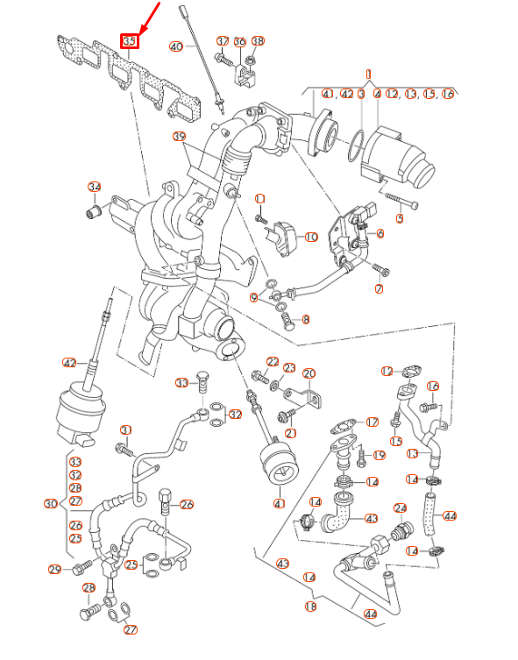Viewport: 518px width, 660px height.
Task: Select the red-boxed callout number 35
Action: pyautogui.click(x=129, y=41)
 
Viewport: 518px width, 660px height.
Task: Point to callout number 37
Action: pyautogui.click(x=223, y=41)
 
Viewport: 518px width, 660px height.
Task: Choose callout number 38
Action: pyautogui.click(x=258, y=41)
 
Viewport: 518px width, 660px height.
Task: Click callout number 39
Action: pyautogui.click(x=179, y=137)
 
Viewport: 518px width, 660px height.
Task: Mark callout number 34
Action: pyautogui.click(x=95, y=187)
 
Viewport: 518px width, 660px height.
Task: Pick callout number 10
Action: pyautogui.click(x=310, y=237)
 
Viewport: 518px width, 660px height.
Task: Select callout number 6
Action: pyautogui.click(x=380, y=233)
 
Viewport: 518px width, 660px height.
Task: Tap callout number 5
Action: pyautogui.click(x=400, y=217)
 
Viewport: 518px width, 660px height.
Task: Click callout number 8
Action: pyautogui.click(x=305, y=320)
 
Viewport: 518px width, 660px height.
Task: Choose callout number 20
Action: pyautogui.click(x=309, y=374)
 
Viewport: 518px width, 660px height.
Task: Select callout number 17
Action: pyautogui.click(x=372, y=422)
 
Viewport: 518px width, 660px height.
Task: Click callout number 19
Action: pyautogui.click(x=379, y=455)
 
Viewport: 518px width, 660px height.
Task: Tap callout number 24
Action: pyautogui.click(x=401, y=508)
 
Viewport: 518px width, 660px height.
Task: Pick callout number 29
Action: pyautogui.click(x=55, y=570)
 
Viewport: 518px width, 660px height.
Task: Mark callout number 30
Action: pyautogui.click(x=50, y=504)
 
